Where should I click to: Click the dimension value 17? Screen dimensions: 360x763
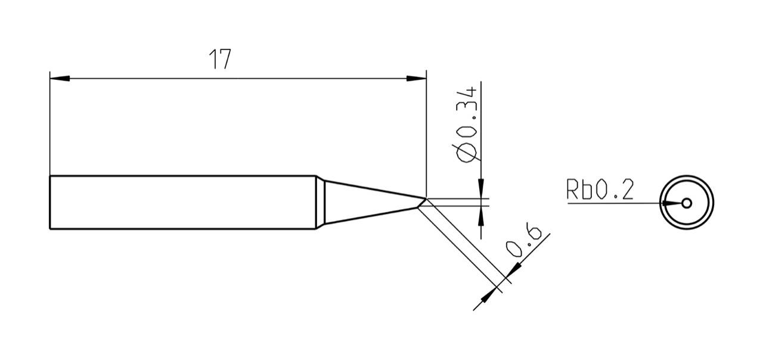tap(219, 60)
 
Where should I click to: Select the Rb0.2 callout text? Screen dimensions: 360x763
tap(599, 191)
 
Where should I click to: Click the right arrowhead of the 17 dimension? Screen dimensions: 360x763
tap(417, 79)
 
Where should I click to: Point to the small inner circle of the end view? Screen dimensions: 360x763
tap(687, 203)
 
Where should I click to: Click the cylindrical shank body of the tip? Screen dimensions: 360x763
tap(179, 202)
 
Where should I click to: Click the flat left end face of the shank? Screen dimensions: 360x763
tap(50, 202)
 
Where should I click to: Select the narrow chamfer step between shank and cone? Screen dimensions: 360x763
tap(321, 202)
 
